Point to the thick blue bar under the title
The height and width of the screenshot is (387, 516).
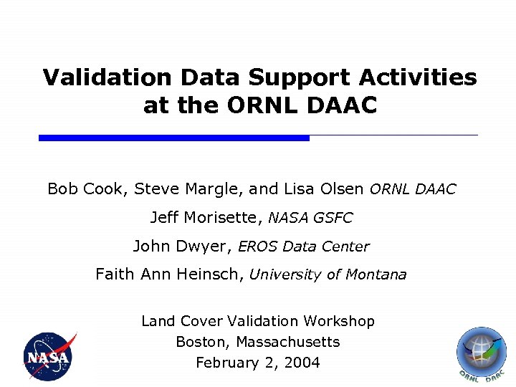(173, 138)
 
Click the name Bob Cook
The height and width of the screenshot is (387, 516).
(86, 189)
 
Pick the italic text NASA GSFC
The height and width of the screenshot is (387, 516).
(310, 218)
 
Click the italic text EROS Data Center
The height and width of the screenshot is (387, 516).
(303, 247)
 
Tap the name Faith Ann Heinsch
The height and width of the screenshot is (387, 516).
(169, 274)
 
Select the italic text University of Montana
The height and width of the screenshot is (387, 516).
(328, 274)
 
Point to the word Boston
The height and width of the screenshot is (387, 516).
(203, 342)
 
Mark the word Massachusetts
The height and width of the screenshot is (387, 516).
(287, 342)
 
